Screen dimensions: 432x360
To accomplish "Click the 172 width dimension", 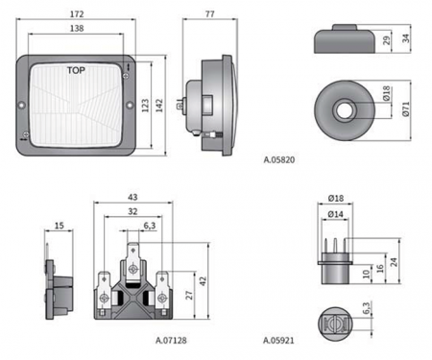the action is click(x=77, y=14).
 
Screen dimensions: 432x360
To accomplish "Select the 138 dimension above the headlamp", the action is click(x=77, y=29).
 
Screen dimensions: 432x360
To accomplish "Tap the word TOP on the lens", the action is click(x=76, y=70).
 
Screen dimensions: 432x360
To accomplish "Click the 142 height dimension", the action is click(x=159, y=106).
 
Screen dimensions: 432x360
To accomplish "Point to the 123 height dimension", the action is click(x=145, y=106).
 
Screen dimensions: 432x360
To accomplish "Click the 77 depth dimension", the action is click(x=210, y=14).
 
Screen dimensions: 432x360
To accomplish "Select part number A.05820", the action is click(x=279, y=159).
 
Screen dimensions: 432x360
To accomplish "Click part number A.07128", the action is click(x=171, y=340).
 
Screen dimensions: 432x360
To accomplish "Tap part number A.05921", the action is click(x=278, y=340).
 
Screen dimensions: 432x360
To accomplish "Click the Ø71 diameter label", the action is click(x=406, y=108).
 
